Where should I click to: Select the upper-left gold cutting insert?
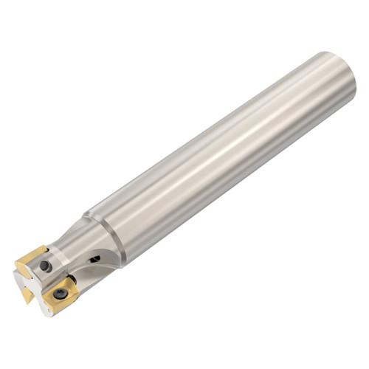(x=32, y=258)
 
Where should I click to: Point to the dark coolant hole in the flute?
(x=95, y=258)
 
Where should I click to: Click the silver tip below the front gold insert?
(x=46, y=310)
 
